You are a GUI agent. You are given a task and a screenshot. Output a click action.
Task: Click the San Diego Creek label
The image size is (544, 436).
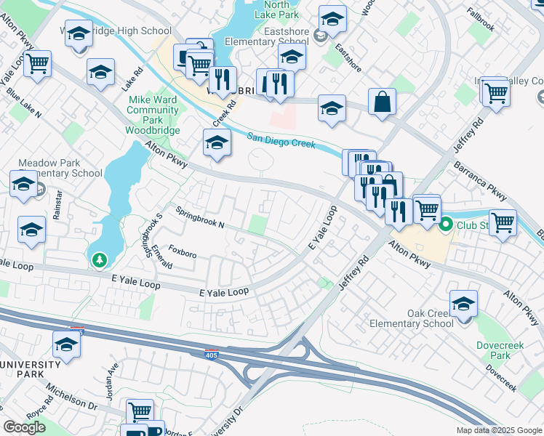tap(281, 140)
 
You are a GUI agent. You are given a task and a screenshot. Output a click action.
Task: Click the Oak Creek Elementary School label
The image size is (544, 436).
tap(410, 318)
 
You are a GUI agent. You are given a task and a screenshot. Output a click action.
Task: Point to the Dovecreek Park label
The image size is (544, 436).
tap(500, 350)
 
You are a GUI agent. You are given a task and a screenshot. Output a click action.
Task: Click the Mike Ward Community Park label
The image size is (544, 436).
tap(153, 110)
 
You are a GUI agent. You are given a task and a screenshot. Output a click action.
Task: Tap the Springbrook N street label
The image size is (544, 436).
tap(199, 217)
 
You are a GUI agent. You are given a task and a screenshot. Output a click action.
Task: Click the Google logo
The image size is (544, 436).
tap(24, 427)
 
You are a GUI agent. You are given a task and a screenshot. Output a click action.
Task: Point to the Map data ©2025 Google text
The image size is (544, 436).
tap(499, 430)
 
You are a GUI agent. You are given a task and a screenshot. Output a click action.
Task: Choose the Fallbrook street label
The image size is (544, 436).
tap(481, 28)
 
